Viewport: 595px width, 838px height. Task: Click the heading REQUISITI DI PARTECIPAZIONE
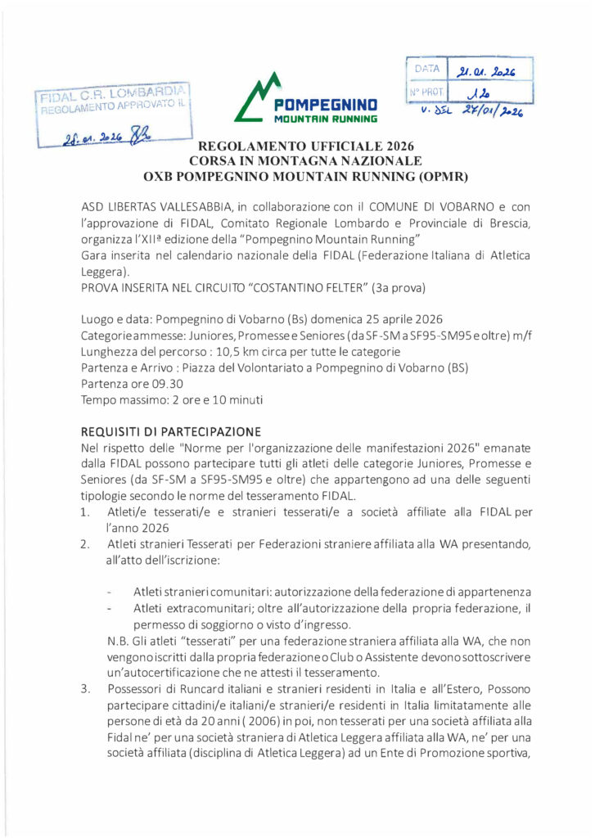(x=171, y=430)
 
